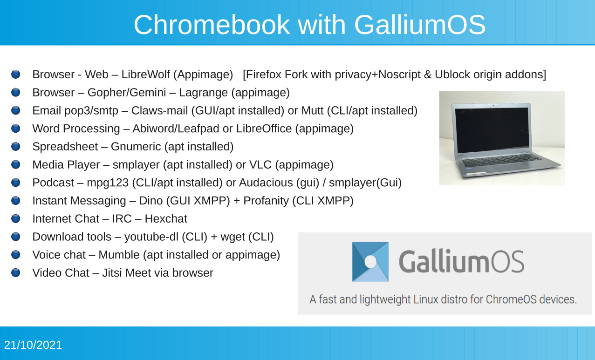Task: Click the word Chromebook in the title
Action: (212, 25)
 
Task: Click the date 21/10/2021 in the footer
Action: (33, 345)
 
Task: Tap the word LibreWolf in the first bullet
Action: (145, 75)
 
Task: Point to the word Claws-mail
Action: (159, 110)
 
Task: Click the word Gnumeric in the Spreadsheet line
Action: (136, 147)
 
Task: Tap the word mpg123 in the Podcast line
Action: (108, 183)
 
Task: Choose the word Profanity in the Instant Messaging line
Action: (266, 201)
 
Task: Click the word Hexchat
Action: (166, 219)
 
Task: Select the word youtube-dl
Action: (151, 237)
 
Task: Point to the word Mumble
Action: (119, 255)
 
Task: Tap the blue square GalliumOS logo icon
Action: (370, 262)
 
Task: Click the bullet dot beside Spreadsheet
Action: (16, 146)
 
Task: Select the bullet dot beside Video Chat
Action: (16, 272)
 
